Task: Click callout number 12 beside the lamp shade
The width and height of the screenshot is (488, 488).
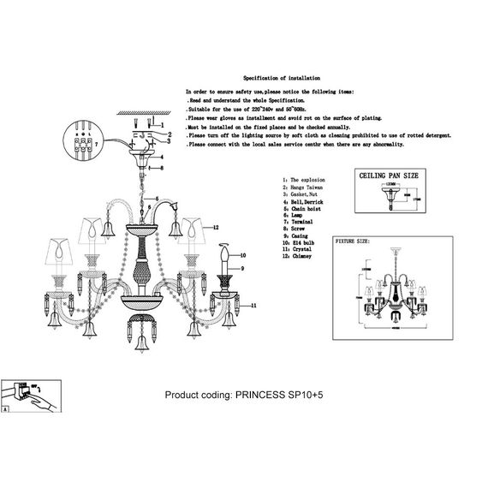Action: (217, 229)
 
